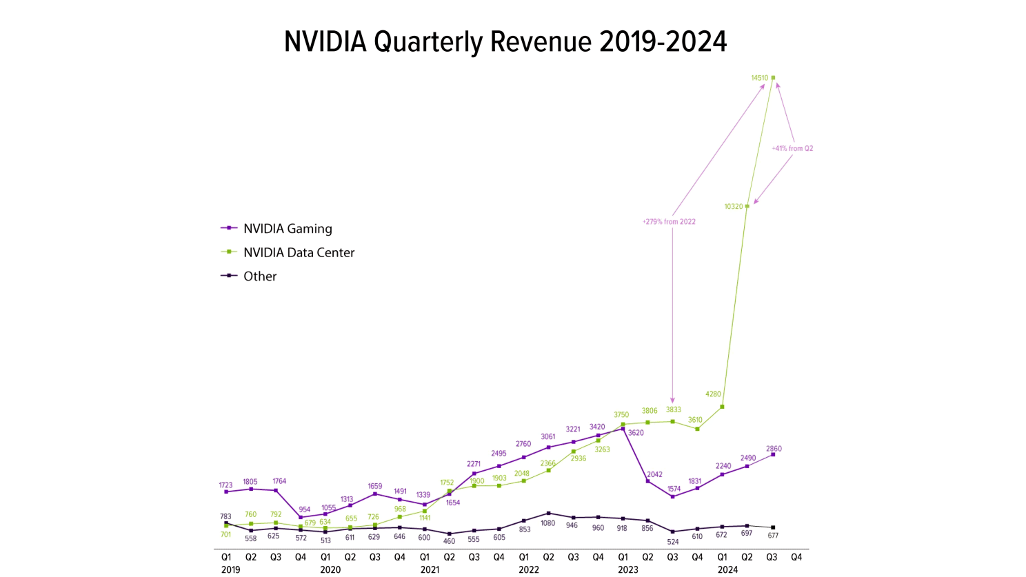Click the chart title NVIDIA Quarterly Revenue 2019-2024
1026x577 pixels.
point(505,42)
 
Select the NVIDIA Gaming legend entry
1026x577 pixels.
point(287,229)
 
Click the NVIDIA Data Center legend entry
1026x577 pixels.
point(298,253)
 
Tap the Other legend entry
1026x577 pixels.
point(259,276)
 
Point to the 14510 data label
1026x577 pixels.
point(759,78)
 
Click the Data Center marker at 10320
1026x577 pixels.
point(747,206)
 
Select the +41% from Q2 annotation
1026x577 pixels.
point(792,148)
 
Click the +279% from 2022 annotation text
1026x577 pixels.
point(669,222)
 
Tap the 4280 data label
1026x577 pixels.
point(713,394)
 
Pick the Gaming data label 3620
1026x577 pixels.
point(636,433)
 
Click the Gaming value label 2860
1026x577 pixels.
point(774,449)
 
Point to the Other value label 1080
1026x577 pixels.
point(548,523)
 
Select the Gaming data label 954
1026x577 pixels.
point(304,509)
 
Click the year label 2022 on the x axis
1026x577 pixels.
point(529,569)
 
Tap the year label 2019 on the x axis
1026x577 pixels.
point(231,569)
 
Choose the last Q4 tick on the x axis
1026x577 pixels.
point(796,557)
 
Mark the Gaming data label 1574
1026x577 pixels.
point(674,489)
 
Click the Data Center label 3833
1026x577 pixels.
point(674,409)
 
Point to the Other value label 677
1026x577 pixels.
point(773,536)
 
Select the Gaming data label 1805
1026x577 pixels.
point(250,482)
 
